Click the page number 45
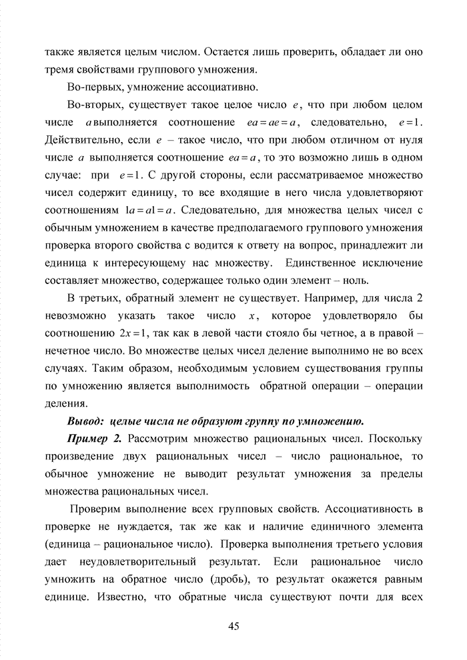coord(233,626)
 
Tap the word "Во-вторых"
coord(93,105)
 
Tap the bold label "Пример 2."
coord(95,439)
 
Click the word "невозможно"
coord(75,315)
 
